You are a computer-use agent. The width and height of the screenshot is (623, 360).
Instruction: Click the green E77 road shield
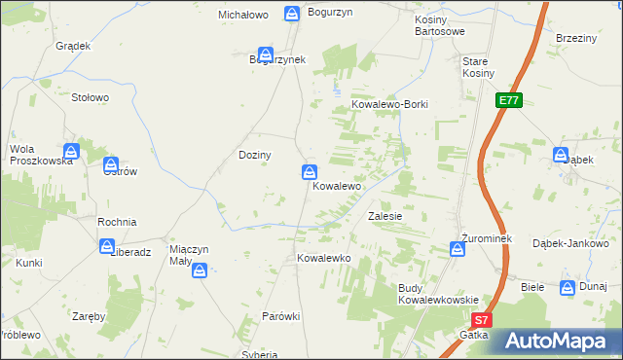tap(509, 100)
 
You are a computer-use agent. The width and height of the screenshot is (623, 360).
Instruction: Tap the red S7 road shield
tap(481, 319)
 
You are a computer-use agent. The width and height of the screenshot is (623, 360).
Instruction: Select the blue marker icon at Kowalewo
tap(308, 172)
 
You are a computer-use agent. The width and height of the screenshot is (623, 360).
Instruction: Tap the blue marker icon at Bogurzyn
tap(292, 13)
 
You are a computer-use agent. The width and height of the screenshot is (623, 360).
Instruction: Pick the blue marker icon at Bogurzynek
tap(263, 55)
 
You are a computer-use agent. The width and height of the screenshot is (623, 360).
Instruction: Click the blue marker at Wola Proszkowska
tap(71, 152)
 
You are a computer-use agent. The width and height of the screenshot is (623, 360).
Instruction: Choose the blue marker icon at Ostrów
tap(111, 165)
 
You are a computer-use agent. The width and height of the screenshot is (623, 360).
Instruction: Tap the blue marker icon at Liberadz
tap(106, 247)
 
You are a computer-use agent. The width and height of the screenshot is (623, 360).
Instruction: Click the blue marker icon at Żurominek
tap(458, 250)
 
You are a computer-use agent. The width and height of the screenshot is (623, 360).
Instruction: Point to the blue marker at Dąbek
tap(561, 155)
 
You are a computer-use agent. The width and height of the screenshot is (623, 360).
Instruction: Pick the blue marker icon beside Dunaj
tap(568, 287)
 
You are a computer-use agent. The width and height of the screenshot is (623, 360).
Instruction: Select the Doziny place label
tap(255, 155)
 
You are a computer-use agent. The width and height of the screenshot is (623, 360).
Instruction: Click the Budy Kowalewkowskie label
tap(438, 294)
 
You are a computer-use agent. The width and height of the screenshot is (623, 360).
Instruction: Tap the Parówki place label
tap(280, 317)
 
